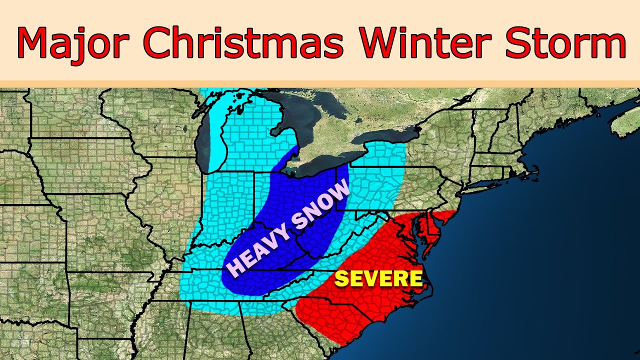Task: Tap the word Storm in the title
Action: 565,42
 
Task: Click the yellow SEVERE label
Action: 378,278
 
